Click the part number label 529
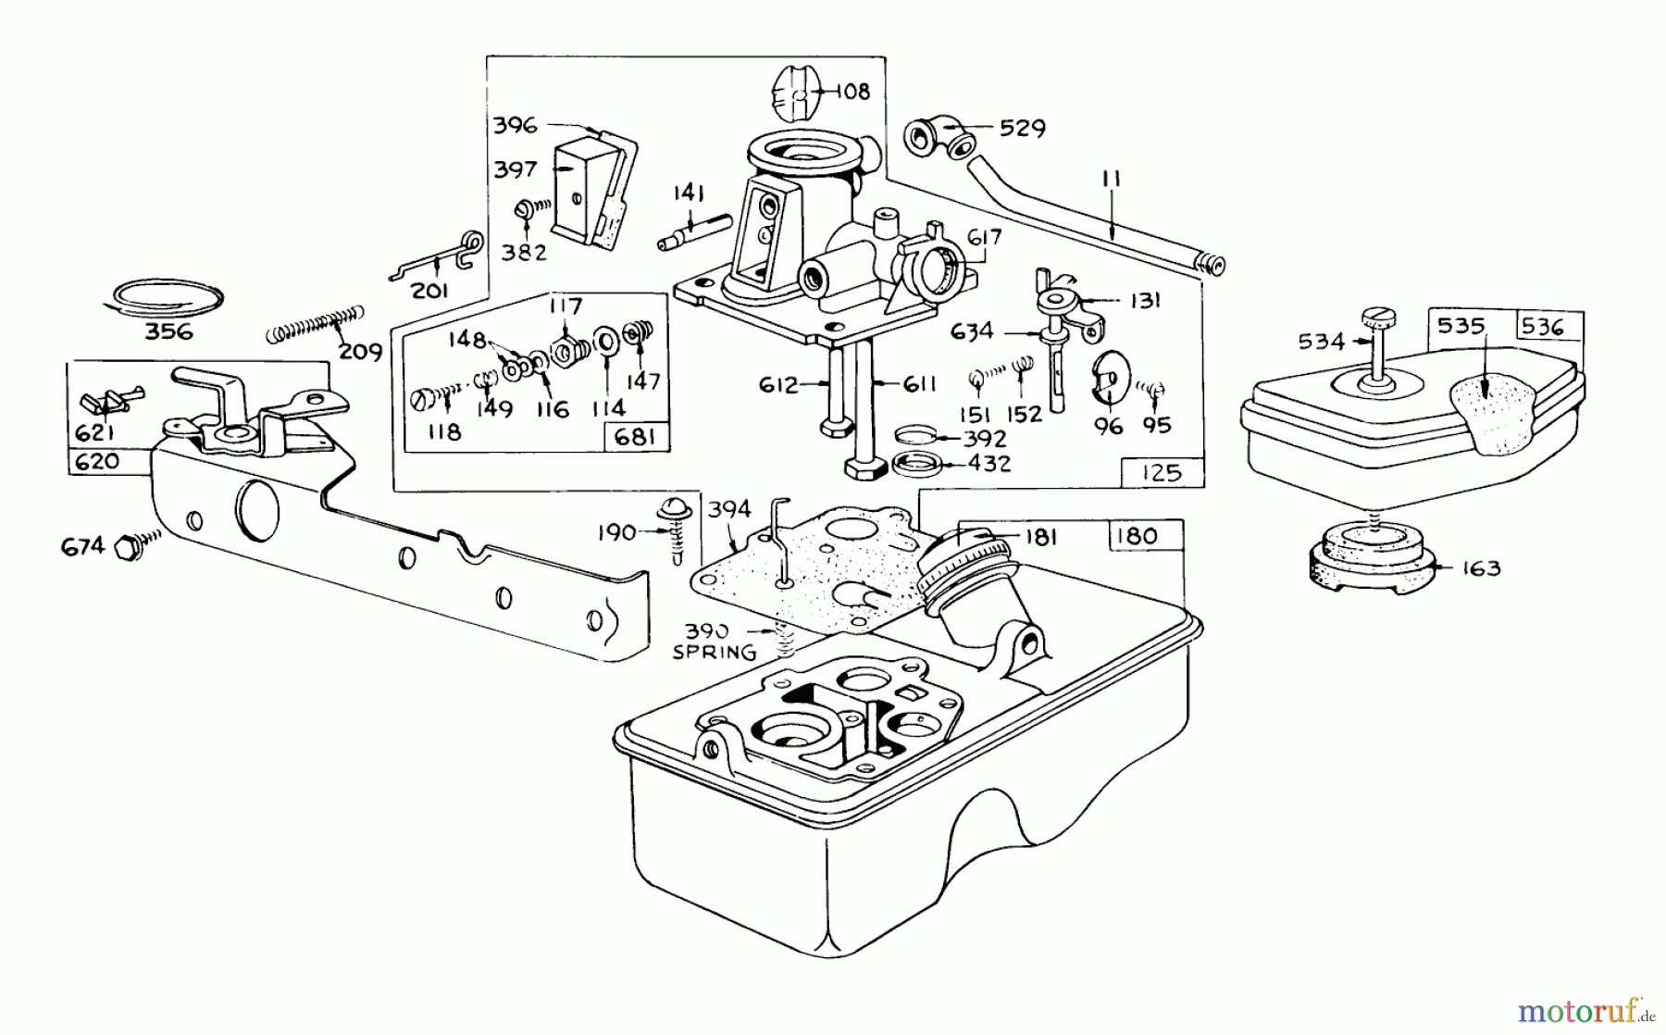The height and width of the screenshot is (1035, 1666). [x=1023, y=128]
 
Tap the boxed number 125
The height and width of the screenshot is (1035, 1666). [x=1162, y=473]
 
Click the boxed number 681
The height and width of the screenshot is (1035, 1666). [x=635, y=437]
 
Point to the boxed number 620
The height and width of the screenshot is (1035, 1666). [x=97, y=461]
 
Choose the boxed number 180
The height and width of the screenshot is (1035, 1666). [x=1136, y=535]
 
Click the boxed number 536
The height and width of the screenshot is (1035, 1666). [x=1541, y=326]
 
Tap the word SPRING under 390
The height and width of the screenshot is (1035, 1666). [x=714, y=652]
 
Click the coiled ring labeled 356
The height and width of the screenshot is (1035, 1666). [x=163, y=296]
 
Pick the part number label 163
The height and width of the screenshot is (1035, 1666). [x=1482, y=568]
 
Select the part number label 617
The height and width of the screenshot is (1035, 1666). [x=984, y=238]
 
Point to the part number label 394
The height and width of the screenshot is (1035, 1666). [x=729, y=510]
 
